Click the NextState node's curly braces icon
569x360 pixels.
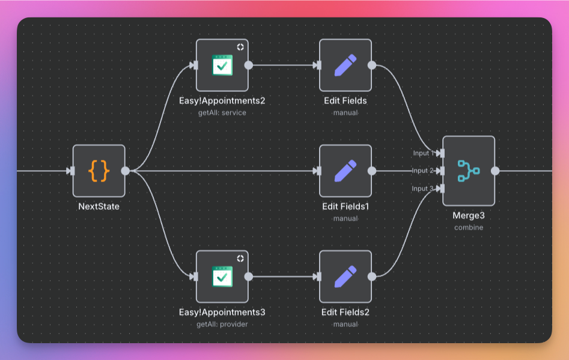(99, 171)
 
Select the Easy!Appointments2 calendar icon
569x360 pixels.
(222, 65)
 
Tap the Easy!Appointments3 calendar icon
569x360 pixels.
(222, 276)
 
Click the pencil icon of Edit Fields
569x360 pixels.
(345, 65)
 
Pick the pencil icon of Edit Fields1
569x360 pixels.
(345, 171)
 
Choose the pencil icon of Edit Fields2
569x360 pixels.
(345, 276)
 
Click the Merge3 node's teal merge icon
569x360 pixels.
(469, 171)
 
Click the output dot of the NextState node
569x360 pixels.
(125, 171)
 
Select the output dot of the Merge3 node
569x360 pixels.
(495, 171)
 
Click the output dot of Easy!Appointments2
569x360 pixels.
(249, 65)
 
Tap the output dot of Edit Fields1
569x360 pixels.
(372, 171)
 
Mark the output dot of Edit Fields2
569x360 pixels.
(372, 276)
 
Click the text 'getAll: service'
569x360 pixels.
(222, 112)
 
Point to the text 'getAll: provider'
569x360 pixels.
(222, 324)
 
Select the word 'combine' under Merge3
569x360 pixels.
(469, 227)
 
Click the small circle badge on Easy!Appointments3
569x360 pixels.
(240, 258)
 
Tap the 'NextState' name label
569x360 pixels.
(99, 206)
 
